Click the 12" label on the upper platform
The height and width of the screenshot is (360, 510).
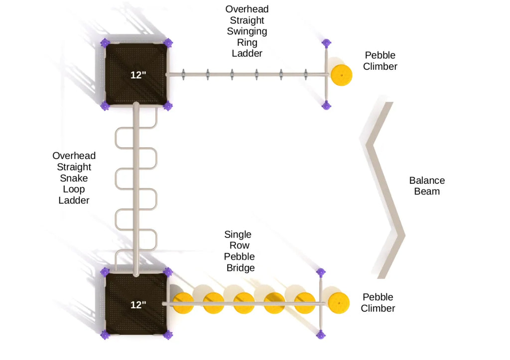tap(138, 75)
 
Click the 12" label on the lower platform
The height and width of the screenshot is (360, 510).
tap(138, 305)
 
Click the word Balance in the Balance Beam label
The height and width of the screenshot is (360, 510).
tap(427, 180)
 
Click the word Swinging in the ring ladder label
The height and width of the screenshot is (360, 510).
tap(247, 31)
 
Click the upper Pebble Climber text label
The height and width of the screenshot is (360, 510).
tap(380, 61)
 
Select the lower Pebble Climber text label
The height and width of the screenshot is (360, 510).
tap(378, 303)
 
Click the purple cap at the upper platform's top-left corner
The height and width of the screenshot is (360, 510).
tap(105, 43)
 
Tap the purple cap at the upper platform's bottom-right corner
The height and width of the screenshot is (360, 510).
tap(168, 106)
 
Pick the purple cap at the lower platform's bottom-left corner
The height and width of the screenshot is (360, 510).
tap(105, 335)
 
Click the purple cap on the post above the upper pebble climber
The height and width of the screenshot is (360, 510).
tap(326, 43)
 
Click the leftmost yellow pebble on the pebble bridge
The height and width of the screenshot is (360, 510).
tap(183, 303)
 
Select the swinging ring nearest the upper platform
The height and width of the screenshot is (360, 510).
tap(183, 75)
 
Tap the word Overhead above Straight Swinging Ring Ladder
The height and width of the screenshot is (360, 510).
tap(247, 9)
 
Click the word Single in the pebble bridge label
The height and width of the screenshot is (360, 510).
tap(238, 235)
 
